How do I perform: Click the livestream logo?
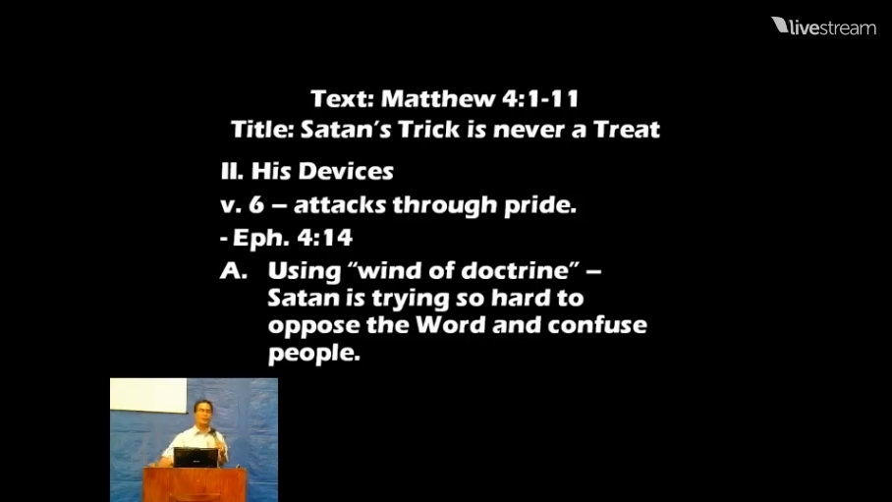point(823,27)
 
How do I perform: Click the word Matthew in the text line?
point(437,98)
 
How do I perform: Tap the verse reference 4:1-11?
point(540,98)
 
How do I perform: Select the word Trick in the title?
point(428,130)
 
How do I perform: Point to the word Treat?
point(627,130)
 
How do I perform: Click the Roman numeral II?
point(232,171)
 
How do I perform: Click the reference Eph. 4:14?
point(293,238)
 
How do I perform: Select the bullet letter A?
point(234,271)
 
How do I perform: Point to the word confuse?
point(596,325)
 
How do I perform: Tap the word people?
point(314,353)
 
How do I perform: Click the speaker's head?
point(203,412)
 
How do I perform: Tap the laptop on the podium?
point(195,458)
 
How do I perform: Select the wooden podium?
point(195,484)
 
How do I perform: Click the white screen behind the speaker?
point(148,395)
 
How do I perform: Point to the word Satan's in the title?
point(346,130)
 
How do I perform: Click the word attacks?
point(340,205)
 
